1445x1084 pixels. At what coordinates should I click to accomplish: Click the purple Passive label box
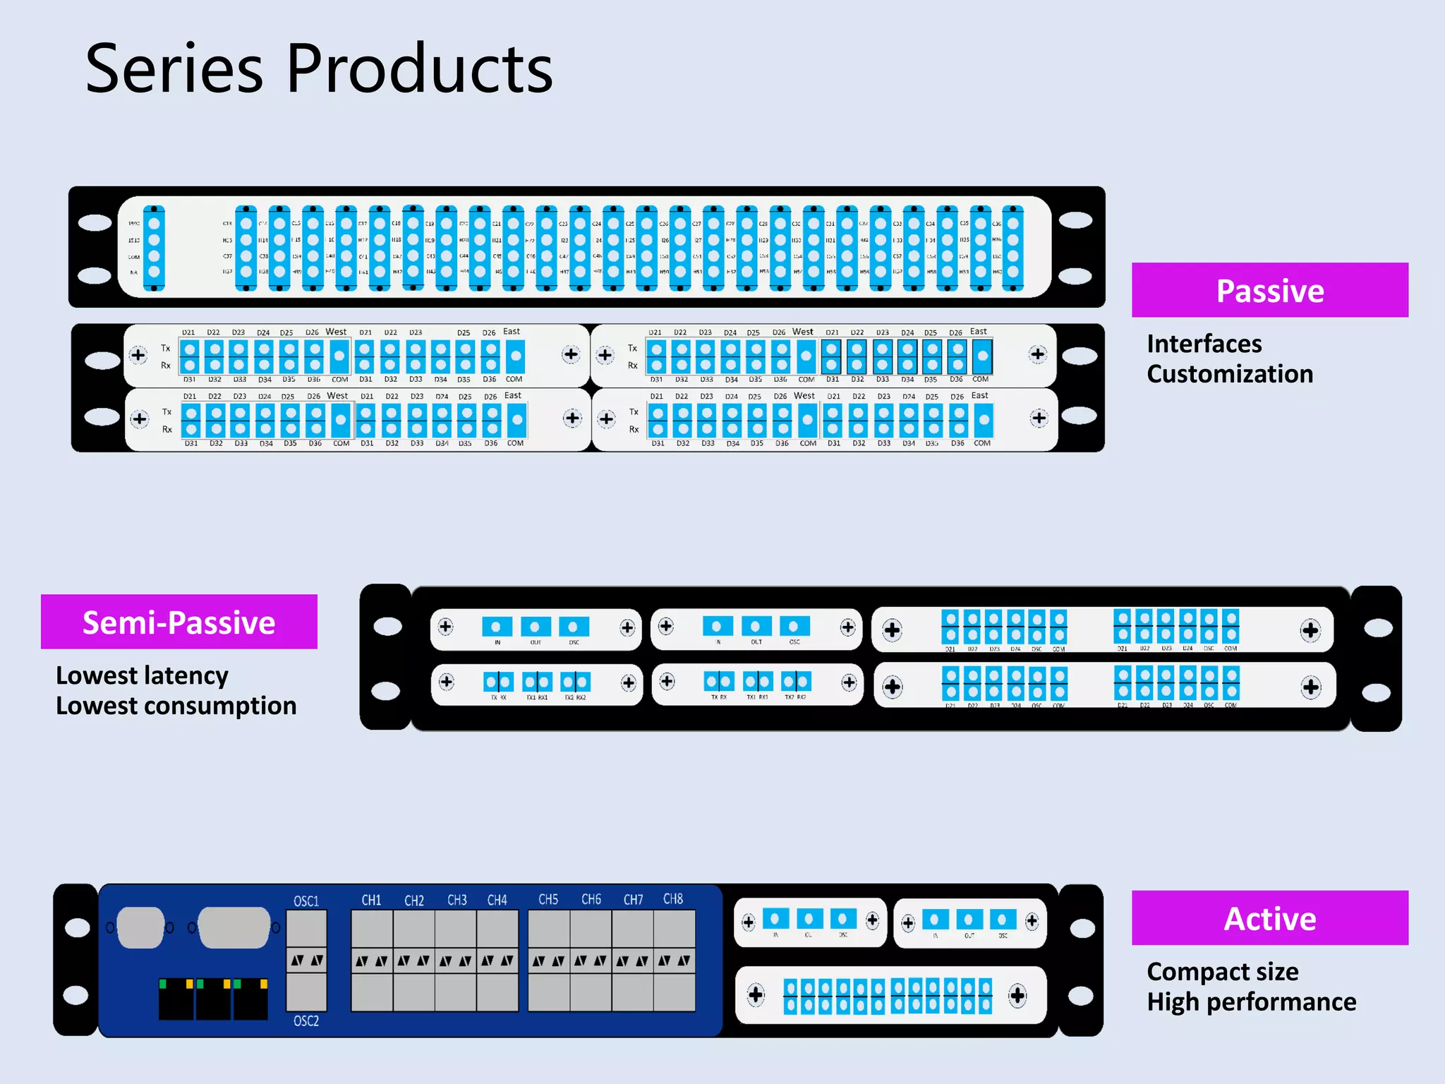click(1269, 290)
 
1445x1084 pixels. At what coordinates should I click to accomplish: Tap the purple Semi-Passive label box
click(179, 622)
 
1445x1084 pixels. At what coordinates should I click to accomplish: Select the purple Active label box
click(1269, 917)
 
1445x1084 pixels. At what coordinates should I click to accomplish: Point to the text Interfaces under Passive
click(1204, 344)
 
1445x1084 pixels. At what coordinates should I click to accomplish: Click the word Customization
click(1229, 374)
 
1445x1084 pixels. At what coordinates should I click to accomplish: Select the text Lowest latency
click(142, 675)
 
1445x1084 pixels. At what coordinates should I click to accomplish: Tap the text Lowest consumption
click(176, 706)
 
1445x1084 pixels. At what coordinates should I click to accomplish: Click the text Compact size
click(1222, 972)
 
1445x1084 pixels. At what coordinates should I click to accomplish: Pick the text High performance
click(1251, 1002)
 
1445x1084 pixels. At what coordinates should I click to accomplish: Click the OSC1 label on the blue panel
click(306, 901)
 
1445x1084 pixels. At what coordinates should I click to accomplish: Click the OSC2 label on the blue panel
click(306, 1021)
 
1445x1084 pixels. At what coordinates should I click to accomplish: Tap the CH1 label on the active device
click(371, 900)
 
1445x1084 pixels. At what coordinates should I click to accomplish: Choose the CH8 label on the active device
click(672, 899)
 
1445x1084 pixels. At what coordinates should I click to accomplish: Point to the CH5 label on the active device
click(548, 900)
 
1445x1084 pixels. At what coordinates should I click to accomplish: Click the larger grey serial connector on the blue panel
click(234, 927)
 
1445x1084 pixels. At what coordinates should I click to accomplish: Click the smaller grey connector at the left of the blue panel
click(140, 927)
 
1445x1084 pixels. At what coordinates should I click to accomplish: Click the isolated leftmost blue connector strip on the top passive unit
click(154, 248)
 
